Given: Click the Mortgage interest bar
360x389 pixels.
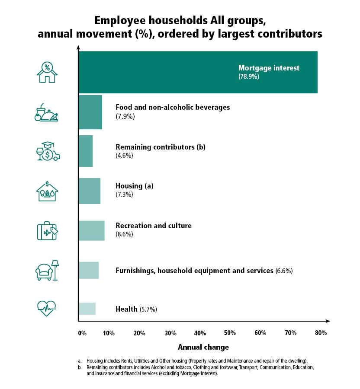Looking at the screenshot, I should (198, 72).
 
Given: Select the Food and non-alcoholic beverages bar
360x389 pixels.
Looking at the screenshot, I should (90, 112).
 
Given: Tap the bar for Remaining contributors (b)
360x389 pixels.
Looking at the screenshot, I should (85, 151).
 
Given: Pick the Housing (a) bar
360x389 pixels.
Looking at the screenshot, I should (89, 191).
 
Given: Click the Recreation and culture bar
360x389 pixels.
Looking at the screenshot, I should (91, 230).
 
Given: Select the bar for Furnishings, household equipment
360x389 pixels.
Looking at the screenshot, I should (88, 270).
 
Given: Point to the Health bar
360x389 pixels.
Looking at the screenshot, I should (87, 309).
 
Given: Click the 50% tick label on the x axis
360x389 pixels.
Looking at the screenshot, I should (230, 333).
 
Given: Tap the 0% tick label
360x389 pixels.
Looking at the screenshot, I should (82, 333).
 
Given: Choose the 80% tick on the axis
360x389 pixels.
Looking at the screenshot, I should (321, 333).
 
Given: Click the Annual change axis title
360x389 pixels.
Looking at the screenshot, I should (203, 347).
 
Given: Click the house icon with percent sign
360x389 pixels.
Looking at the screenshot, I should (47, 72).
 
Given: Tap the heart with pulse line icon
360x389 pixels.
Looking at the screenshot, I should (46, 308).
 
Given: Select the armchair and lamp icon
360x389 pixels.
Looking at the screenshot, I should (47, 271).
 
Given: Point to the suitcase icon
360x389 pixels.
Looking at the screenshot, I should (47, 231).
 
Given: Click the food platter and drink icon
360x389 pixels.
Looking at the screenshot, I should (46, 112).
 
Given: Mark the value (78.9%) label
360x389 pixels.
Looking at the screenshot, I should (248, 77).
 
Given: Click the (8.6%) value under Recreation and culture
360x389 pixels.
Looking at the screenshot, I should (124, 234).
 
